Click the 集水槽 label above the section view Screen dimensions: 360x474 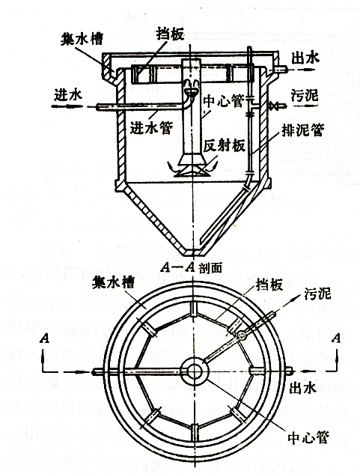coord(82,39)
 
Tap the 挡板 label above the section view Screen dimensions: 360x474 coord(170,34)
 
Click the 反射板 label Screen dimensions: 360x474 coord(224,146)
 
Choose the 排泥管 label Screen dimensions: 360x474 coord(303,130)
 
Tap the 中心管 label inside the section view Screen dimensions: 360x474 coord(223,101)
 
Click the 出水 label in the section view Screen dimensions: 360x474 coord(305,58)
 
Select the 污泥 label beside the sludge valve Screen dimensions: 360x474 coord(305,96)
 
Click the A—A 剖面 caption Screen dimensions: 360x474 coord(192,267)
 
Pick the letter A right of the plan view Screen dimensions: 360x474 coord(336,338)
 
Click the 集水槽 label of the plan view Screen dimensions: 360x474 coord(113,284)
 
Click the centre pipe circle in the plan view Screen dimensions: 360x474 coord(195,371)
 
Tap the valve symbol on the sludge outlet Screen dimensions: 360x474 coord(275,106)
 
